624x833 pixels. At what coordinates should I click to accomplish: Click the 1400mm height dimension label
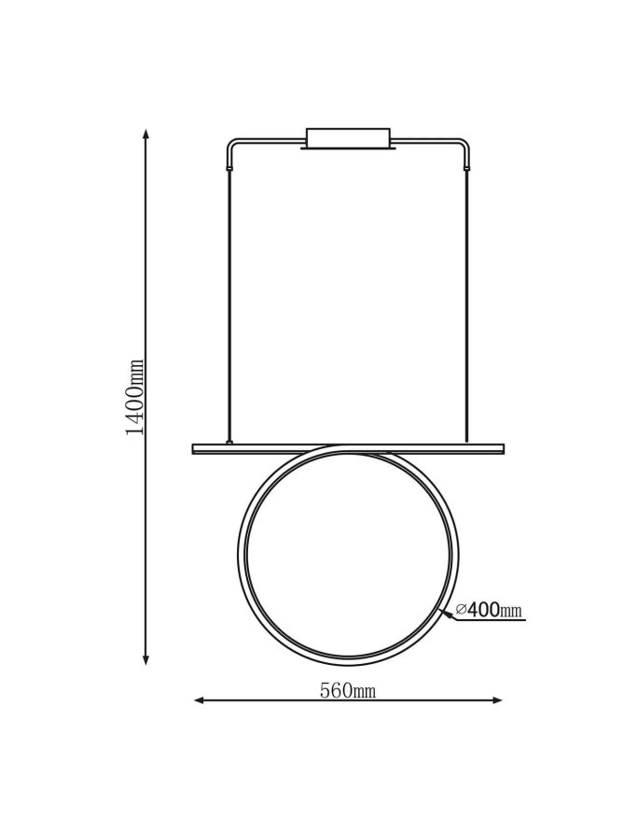(x=134, y=397)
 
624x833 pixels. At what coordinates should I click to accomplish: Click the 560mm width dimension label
(x=348, y=690)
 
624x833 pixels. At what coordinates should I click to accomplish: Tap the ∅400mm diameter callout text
(x=490, y=610)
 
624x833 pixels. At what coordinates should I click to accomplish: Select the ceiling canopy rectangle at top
(x=348, y=137)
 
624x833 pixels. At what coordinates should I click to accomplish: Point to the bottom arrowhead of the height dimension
(x=146, y=659)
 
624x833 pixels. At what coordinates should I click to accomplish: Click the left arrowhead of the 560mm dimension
(x=200, y=700)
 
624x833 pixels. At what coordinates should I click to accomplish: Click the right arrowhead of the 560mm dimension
(x=496, y=700)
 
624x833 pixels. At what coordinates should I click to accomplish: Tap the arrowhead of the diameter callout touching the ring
(x=448, y=614)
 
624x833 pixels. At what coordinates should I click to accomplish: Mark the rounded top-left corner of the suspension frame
(x=231, y=143)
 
